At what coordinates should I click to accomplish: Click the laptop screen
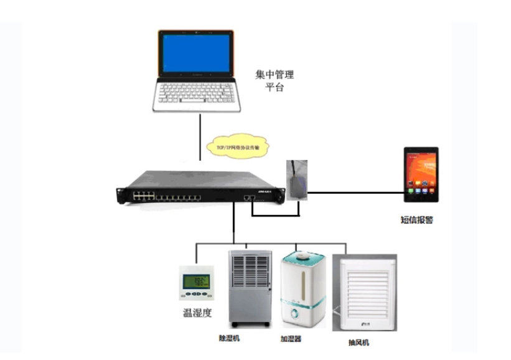coord(196,54)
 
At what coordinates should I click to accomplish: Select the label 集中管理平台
coord(274,81)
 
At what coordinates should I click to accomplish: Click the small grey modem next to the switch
coord(297,180)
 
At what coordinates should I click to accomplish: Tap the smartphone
coord(421,174)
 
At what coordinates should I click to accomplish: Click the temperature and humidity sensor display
coord(197,284)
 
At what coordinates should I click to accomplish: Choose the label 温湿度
coord(197,313)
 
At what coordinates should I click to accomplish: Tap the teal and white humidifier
coord(304,289)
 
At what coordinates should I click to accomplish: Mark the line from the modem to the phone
coord(355,192)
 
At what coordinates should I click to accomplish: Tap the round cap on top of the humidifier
coord(304,256)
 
